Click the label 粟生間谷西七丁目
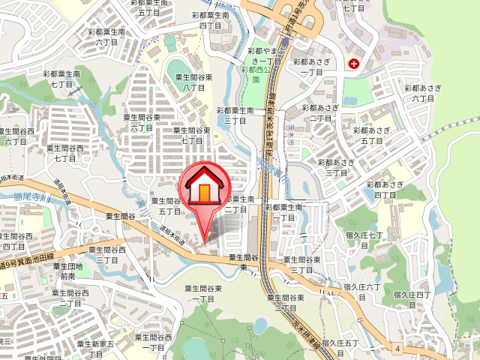(x=66, y=153)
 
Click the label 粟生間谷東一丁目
(x=204, y=293)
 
